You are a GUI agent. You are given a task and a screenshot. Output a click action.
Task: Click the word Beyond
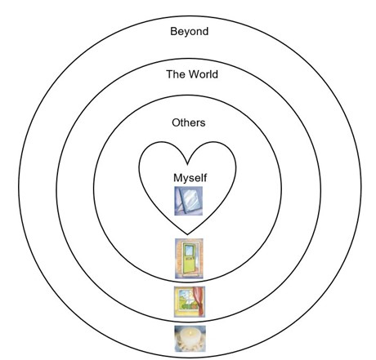[x=190, y=32]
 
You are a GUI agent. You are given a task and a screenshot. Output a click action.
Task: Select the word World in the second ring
[x=204, y=74]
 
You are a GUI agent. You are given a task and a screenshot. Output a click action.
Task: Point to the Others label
[x=189, y=122]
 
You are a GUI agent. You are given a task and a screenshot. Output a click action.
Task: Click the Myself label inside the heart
[x=190, y=178]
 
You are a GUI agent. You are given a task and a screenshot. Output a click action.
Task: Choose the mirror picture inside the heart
[x=189, y=201]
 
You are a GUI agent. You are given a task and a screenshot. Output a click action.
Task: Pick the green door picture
[x=189, y=259]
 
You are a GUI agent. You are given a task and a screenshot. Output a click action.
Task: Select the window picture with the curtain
[x=190, y=301]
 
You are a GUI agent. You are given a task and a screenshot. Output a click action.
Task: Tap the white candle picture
[x=190, y=339]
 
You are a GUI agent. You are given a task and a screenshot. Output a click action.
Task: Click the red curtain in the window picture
[x=199, y=300]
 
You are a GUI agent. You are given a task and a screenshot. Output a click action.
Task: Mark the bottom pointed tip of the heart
[x=187, y=234]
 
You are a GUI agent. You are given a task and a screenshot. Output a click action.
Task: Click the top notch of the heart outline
[x=187, y=164]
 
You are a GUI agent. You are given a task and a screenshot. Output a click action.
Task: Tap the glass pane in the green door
[x=189, y=251]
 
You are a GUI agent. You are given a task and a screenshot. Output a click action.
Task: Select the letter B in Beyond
[x=173, y=31]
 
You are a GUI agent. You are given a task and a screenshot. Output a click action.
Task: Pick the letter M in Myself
[x=177, y=178]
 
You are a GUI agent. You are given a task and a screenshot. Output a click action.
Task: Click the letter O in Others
[x=176, y=122]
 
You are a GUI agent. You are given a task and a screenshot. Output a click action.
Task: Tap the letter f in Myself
[x=204, y=177]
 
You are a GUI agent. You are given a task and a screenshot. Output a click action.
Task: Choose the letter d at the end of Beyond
[x=205, y=31]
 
